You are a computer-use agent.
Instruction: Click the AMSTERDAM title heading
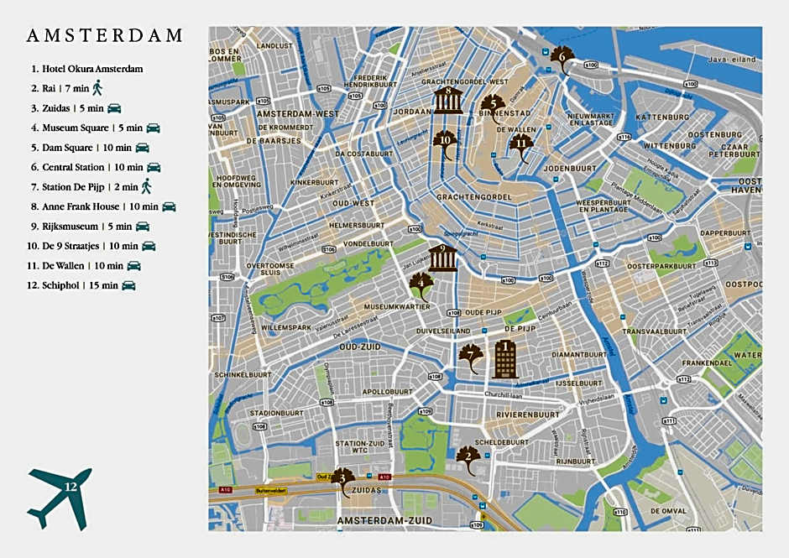point(105,36)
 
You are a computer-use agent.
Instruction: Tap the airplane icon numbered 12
point(60,497)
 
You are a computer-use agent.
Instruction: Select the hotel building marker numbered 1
point(505,358)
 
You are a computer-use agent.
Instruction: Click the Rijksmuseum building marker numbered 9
point(443,258)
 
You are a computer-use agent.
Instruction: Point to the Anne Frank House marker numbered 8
point(448,100)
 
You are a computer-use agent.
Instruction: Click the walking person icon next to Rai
point(97,87)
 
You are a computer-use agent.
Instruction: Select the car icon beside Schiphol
point(128,285)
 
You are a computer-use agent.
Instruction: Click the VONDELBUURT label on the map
point(363,244)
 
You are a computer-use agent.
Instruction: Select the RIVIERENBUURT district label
point(527,415)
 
